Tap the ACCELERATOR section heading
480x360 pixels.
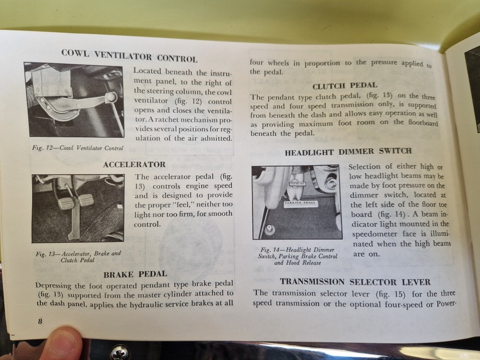click(134, 165)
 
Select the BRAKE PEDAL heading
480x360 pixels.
click(135, 274)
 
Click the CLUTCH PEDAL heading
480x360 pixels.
click(345, 86)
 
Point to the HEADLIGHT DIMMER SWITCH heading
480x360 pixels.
click(348, 152)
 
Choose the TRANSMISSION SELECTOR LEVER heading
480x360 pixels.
click(355, 282)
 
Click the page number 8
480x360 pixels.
click(40, 321)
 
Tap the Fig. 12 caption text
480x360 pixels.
click(78, 148)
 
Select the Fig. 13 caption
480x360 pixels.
click(78, 257)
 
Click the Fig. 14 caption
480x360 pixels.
click(298, 256)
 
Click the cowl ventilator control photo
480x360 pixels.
click(74, 99)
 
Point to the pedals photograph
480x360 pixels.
click(78, 208)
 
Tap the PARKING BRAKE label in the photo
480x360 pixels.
click(300, 203)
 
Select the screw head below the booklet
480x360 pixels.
click(120, 352)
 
